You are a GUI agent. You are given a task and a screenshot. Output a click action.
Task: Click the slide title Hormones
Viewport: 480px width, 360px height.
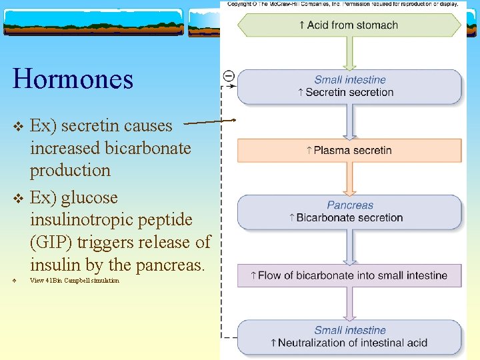(73, 79)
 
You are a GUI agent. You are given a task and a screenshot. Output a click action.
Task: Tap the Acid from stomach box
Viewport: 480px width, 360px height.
(349, 25)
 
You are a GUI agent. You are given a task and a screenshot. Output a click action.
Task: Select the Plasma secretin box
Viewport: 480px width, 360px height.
(349, 151)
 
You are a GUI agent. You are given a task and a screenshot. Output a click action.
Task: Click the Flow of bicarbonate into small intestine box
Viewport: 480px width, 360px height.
(349, 275)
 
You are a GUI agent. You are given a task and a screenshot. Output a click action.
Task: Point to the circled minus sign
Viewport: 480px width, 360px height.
(229, 75)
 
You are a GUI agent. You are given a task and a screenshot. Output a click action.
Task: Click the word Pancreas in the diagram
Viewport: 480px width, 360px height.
(350, 205)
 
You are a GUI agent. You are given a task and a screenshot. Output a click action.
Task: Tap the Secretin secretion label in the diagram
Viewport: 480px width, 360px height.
(349, 93)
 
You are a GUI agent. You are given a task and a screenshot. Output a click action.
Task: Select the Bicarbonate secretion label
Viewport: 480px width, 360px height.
(349, 218)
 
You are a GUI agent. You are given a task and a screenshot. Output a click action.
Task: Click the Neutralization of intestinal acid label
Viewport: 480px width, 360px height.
(349, 343)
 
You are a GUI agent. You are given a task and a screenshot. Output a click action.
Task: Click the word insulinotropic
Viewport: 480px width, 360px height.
(111, 220)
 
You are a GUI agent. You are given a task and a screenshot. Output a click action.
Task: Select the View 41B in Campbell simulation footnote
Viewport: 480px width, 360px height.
(75, 281)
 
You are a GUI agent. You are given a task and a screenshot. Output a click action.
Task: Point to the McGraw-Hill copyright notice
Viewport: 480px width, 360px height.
(343, 4)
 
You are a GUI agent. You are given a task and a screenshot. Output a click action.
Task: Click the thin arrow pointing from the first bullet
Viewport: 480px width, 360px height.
(209, 122)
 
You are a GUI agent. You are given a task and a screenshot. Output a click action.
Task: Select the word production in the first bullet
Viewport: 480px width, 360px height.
(70, 170)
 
